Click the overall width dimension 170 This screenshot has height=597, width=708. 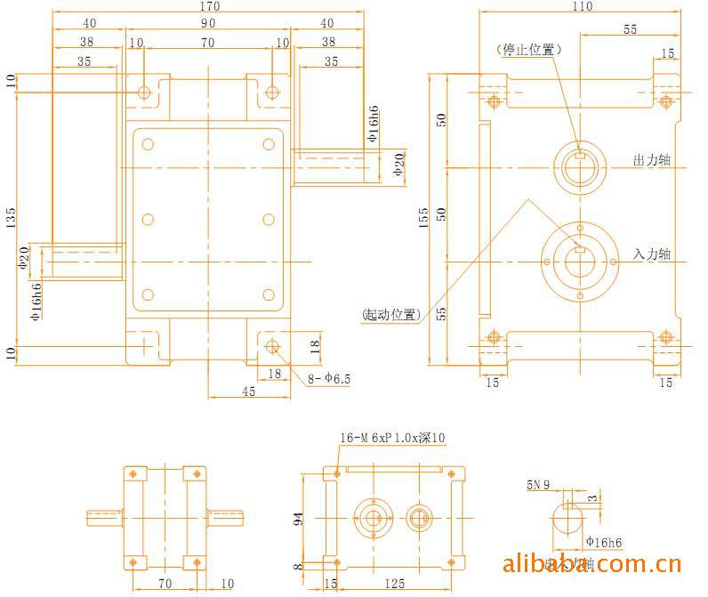tap(210, 6)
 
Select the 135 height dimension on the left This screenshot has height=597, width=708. tap(11, 218)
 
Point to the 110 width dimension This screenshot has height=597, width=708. tap(582, 6)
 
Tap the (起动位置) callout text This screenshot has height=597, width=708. tap(390, 314)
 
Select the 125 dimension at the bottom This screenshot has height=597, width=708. tap(397, 584)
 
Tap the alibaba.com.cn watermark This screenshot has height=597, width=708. tap(592, 564)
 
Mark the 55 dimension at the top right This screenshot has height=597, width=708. tap(629, 29)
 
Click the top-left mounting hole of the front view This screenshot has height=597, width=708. tap(145, 92)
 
